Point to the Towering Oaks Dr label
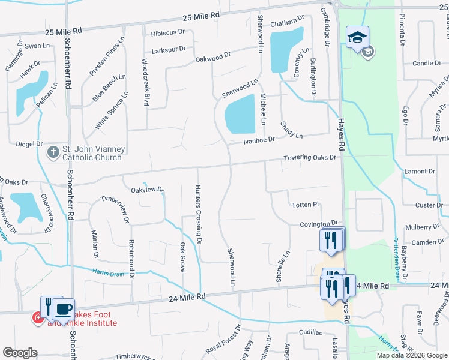tap(312, 158)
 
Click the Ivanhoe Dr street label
tap(259, 140)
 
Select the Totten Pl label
tap(306, 205)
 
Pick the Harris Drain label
tap(108, 271)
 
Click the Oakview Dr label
tap(148, 190)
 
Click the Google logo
tap(20, 353)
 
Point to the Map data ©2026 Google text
tap(411, 355)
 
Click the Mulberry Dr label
tap(422, 227)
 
